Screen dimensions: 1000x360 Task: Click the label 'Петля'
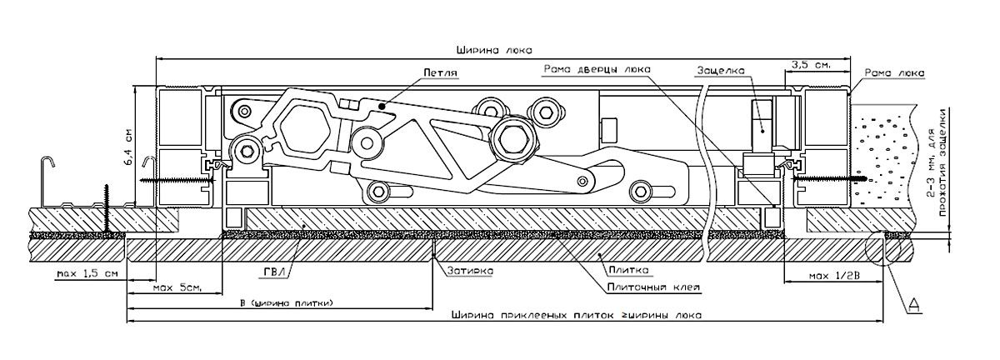click(440, 72)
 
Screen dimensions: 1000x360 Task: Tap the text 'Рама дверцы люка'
click(597, 69)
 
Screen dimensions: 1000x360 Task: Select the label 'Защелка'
click(720, 71)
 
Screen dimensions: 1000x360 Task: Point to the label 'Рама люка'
click(894, 72)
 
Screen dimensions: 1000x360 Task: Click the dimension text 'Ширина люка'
click(493, 50)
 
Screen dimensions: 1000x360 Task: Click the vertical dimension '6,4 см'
click(129, 147)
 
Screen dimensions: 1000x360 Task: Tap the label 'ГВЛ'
click(272, 272)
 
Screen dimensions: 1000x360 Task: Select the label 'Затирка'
click(471, 271)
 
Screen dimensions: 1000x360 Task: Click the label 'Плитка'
click(628, 270)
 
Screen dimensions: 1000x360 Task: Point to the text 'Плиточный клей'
click(654, 287)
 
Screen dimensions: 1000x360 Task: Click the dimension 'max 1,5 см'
click(87, 272)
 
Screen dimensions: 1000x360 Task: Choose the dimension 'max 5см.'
click(177, 288)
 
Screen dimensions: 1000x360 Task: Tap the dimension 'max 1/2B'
click(834, 277)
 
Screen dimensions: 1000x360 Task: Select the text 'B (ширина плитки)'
click(286, 303)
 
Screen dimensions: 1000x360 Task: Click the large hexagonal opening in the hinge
click(307, 131)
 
